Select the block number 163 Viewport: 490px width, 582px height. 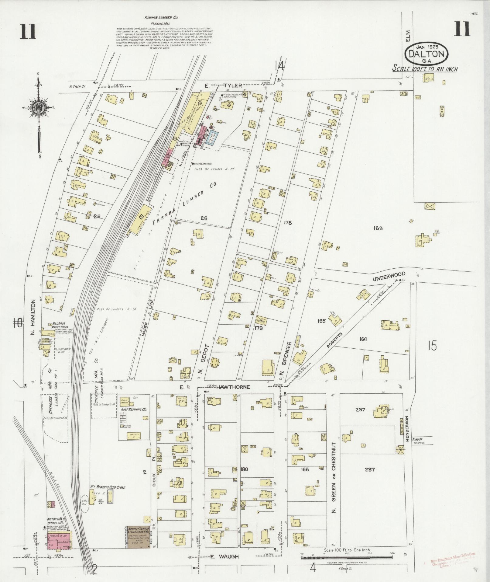tap(379, 228)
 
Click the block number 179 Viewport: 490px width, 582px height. tap(259, 328)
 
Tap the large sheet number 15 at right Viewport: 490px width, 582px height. tap(432, 346)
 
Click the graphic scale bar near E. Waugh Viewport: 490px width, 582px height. tap(348, 557)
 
